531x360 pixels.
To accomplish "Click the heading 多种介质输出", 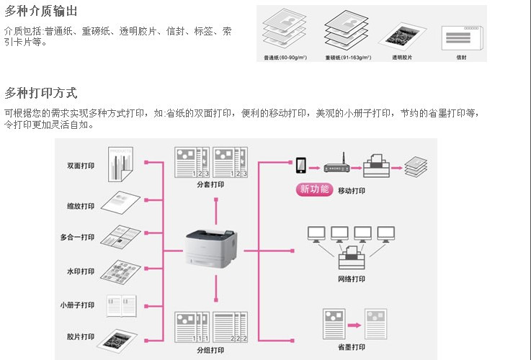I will (x=41, y=12).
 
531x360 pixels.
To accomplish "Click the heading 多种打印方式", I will (x=41, y=93).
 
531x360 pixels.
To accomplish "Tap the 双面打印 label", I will (x=81, y=166).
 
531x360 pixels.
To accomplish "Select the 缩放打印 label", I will (x=81, y=206).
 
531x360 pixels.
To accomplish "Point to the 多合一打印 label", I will (x=78, y=238).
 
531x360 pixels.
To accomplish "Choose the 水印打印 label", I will (x=81, y=271).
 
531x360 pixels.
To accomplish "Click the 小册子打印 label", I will (x=78, y=305).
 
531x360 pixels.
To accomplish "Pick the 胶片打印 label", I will (x=81, y=336).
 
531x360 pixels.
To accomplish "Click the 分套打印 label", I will (x=210, y=185).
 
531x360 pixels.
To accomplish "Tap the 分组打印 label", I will (x=210, y=350).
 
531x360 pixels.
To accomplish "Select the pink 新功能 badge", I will (x=314, y=189).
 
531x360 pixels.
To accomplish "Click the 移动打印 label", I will (x=352, y=191).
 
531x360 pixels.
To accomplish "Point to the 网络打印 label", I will (x=352, y=279).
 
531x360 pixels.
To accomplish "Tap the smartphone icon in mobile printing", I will (x=300, y=165).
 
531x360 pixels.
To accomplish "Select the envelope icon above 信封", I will (x=461, y=36).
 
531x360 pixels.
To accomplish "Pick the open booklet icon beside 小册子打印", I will (x=121, y=305).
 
